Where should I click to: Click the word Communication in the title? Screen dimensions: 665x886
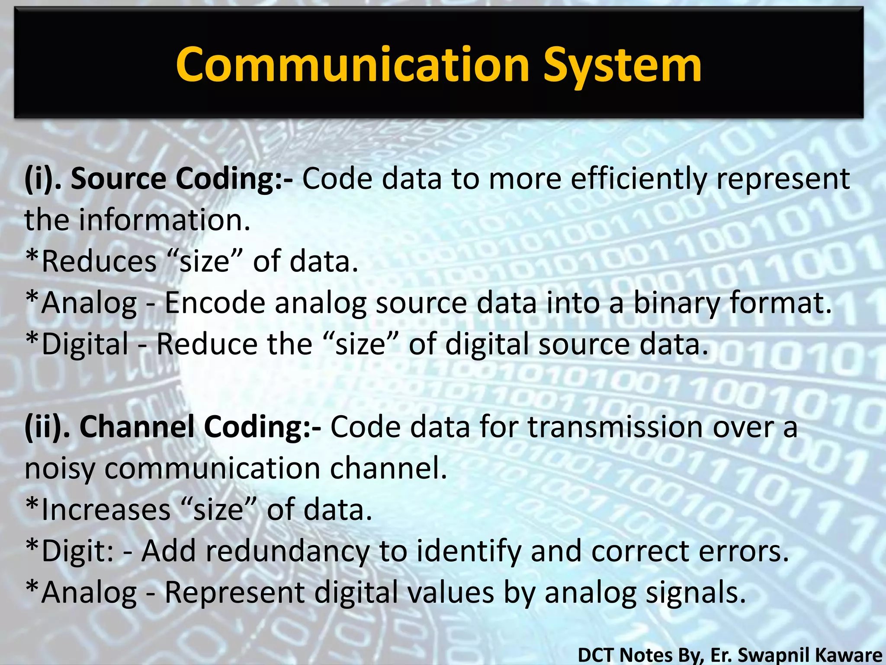(353, 65)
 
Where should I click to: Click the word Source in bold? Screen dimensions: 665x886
(118, 179)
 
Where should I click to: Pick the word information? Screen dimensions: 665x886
(164, 220)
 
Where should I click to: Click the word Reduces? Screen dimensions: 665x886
(99, 261)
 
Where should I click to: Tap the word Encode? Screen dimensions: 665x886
(215, 303)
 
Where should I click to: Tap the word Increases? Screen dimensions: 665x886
(106, 510)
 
